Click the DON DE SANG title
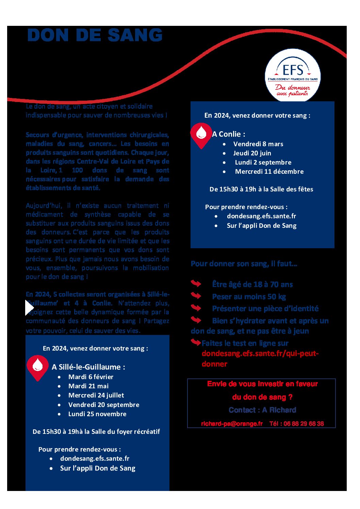(x=95, y=35)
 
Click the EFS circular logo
(x=293, y=75)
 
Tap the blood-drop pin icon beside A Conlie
(x=201, y=135)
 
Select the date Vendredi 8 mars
(x=258, y=144)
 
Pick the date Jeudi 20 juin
(x=252, y=153)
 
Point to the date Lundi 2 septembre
(x=263, y=163)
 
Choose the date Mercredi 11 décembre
(x=269, y=172)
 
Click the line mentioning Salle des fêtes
(x=261, y=189)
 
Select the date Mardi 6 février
(x=91, y=377)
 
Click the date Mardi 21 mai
(x=88, y=386)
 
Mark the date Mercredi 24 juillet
(x=96, y=395)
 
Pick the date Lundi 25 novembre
(x=97, y=414)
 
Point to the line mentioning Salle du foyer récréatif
(x=96, y=432)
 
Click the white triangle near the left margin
(x=29, y=308)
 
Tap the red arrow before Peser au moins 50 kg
(x=196, y=296)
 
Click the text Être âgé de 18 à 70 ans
(x=252, y=285)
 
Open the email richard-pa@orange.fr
(x=232, y=424)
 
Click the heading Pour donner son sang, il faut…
(x=244, y=264)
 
